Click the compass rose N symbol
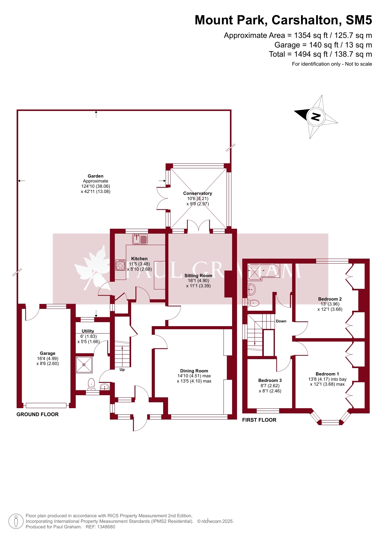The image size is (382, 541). coord(316,117)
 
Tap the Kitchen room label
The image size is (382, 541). coord(139,259)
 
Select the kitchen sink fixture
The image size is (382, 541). coord(140,239)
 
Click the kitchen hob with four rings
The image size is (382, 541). coord(120,265)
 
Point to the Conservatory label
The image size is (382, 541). coord(198,193)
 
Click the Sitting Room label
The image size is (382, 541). coord(198,276)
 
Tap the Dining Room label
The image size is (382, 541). coord(194,371)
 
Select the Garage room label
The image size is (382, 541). coord(47,353)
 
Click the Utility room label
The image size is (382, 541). coord(88,331)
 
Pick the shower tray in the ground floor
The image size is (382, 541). coord(84,365)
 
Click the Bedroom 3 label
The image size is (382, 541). coord(270,380)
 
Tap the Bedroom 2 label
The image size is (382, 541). coord(330,299)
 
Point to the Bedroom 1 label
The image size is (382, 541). coord(327,374)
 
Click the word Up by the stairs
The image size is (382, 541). coord(122,370)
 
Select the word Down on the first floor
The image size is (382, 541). coord(281,321)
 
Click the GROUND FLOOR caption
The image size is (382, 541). coord(38,414)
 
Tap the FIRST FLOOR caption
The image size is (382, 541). coord(259,420)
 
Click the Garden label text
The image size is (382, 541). coord(95,176)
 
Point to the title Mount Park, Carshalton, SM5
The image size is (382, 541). coord(283,20)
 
